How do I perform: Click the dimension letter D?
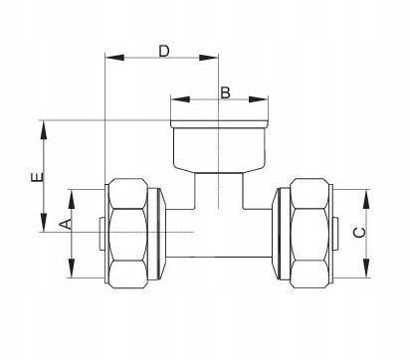click(x=164, y=52)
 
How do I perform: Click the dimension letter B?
click(x=225, y=92)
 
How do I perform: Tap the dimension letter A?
click(x=66, y=224)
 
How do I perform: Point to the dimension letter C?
click(x=359, y=233)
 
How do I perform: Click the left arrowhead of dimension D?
click(x=114, y=58)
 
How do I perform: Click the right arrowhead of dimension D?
click(x=209, y=58)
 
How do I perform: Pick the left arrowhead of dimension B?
click(x=180, y=99)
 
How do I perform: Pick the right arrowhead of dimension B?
click(x=258, y=99)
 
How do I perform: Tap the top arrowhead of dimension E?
click(x=44, y=130)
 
